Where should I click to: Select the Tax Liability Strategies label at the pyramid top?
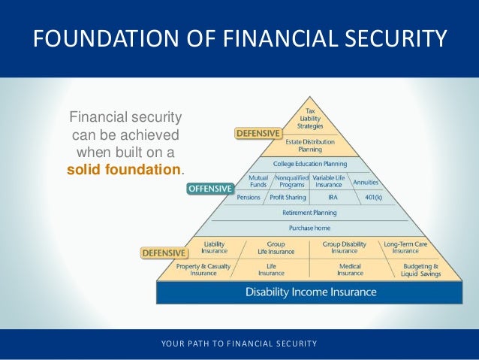(310, 118)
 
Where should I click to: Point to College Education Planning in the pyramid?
(309, 162)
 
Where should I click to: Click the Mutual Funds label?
(258, 181)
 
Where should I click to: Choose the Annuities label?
(366, 182)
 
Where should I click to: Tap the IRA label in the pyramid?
(332, 197)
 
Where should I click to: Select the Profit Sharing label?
(287, 197)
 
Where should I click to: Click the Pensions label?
(249, 197)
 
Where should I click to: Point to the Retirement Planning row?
(309, 213)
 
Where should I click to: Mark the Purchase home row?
(309, 228)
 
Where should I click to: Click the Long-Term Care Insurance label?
(406, 247)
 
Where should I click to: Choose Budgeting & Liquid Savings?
(420, 269)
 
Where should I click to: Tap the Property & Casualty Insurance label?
(203, 269)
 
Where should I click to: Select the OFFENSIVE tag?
(209, 189)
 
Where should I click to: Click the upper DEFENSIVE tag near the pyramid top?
(258, 134)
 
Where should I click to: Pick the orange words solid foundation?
(124, 169)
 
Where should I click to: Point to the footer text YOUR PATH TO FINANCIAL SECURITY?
(239, 344)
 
